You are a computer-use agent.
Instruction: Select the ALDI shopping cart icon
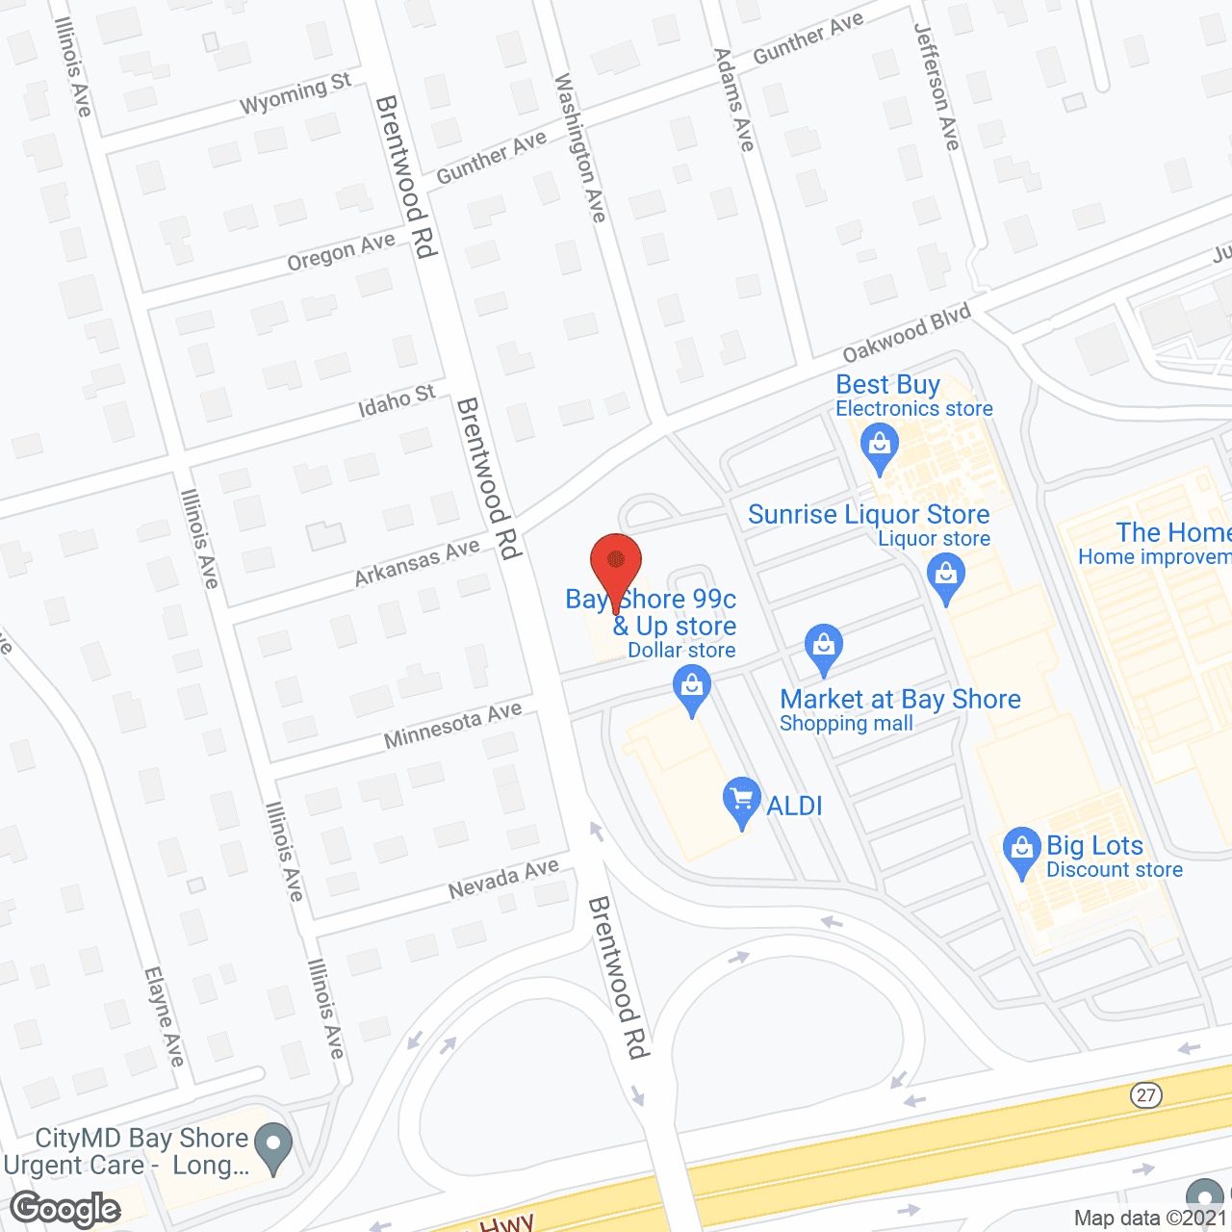point(741,801)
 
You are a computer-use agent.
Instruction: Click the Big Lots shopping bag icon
point(1021,850)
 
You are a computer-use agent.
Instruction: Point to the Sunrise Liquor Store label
point(868,515)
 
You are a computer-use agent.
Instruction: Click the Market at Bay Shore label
point(900,700)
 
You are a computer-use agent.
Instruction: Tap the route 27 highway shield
point(1145,1095)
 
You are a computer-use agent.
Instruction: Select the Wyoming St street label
point(295,92)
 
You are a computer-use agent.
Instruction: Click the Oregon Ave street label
point(341,252)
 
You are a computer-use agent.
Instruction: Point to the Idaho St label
point(397,401)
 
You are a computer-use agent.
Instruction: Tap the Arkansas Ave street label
point(417,562)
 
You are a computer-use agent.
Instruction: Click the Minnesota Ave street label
point(452,725)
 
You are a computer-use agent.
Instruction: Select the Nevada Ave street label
point(503,879)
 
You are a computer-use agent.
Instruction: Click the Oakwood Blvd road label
point(907,333)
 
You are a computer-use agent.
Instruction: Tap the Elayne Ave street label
point(164,1016)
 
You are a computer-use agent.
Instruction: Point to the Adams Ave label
point(733,100)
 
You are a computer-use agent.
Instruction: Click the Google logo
point(65,1209)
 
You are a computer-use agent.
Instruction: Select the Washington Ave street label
point(579,148)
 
